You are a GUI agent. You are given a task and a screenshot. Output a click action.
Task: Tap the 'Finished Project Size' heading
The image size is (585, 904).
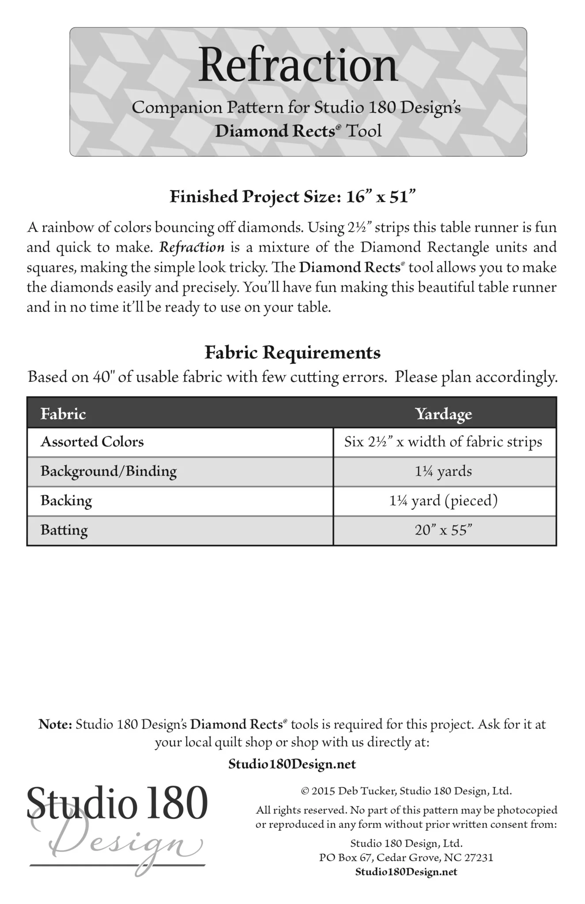[292, 196]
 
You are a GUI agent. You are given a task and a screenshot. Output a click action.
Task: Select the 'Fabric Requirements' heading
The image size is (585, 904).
[292, 352]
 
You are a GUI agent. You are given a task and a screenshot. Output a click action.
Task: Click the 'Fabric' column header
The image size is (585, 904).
[63, 414]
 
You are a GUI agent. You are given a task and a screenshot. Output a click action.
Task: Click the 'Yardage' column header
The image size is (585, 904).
[443, 414]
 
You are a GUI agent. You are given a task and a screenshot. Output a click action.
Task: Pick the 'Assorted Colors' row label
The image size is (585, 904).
[92, 442]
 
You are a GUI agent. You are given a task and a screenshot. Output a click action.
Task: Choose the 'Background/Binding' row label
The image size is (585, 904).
[109, 471]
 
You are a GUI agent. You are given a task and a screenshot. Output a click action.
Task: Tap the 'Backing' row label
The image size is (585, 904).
[66, 501]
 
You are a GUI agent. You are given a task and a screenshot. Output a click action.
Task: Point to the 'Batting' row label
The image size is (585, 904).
[64, 530]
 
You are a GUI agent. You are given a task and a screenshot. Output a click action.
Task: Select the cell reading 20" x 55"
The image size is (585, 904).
[443, 530]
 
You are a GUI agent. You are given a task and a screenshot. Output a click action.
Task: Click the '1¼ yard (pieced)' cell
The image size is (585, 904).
[443, 501]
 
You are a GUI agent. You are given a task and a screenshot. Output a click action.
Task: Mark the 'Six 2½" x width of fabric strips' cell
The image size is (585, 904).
[443, 442]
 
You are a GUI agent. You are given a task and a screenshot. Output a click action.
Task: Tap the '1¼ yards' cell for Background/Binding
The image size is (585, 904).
[443, 471]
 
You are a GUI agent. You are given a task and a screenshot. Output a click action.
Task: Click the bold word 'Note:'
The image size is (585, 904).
[55, 724]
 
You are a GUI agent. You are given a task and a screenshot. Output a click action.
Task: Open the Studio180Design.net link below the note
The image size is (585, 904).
[292, 764]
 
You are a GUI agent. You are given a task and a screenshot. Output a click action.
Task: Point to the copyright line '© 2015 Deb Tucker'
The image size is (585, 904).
[406, 791]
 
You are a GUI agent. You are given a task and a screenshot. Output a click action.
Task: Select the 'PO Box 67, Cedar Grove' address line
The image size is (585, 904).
[406, 858]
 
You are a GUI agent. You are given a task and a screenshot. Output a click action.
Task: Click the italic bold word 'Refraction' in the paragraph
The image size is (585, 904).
[192, 247]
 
